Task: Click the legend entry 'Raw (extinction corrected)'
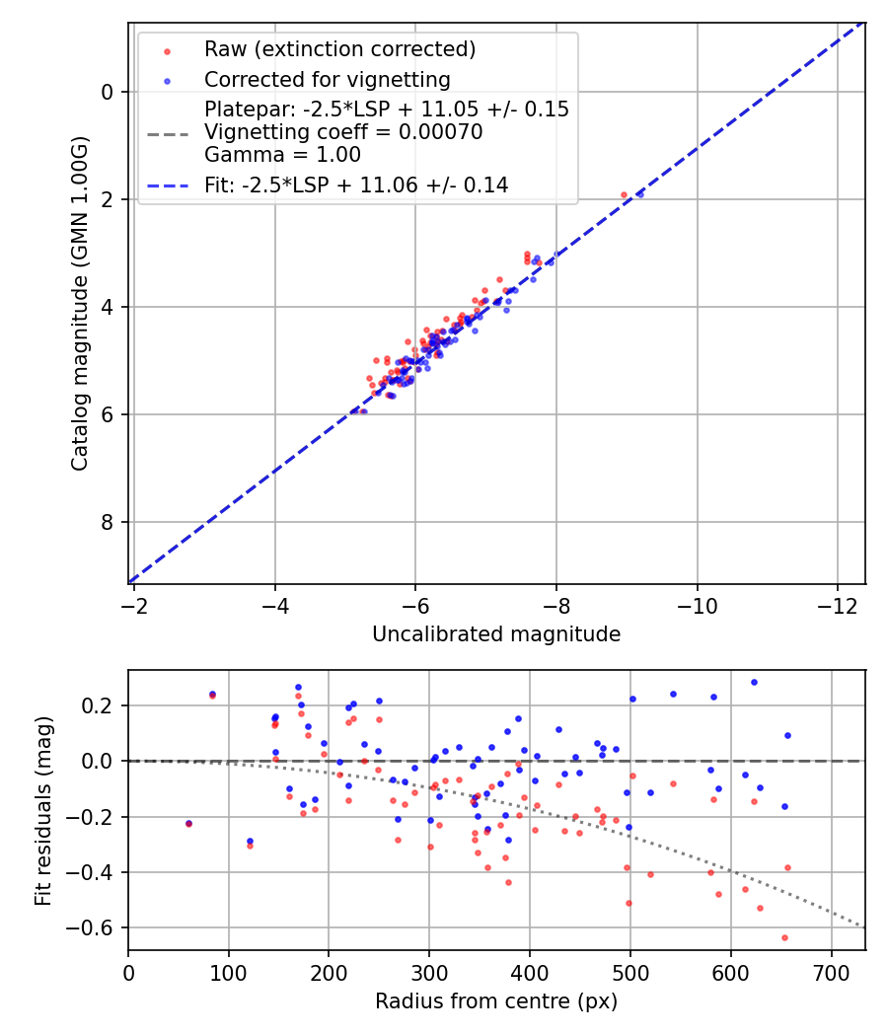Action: pyautogui.click(x=339, y=49)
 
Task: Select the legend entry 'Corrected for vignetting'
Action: pyautogui.click(x=327, y=80)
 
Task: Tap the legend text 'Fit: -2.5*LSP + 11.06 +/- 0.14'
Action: pyautogui.click(x=356, y=185)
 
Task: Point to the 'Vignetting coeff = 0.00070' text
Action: pyautogui.click(x=343, y=132)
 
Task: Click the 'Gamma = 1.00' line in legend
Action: pyautogui.click(x=282, y=155)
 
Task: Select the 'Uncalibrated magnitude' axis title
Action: pyautogui.click(x=496, y=634)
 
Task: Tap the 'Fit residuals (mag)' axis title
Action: pyautogui.click(x=42, y=810)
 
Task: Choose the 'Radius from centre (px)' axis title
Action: pyautogui.click(x=496, y=1001)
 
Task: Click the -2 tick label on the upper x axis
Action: pyautogui.click(x=134, y=604)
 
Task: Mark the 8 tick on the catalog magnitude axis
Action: pyautogui.click(x=109, y=522)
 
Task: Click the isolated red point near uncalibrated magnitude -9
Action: pyautogui.click(x=624, y=195)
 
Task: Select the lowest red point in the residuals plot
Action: pyautogui.click(x=784, y=937)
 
